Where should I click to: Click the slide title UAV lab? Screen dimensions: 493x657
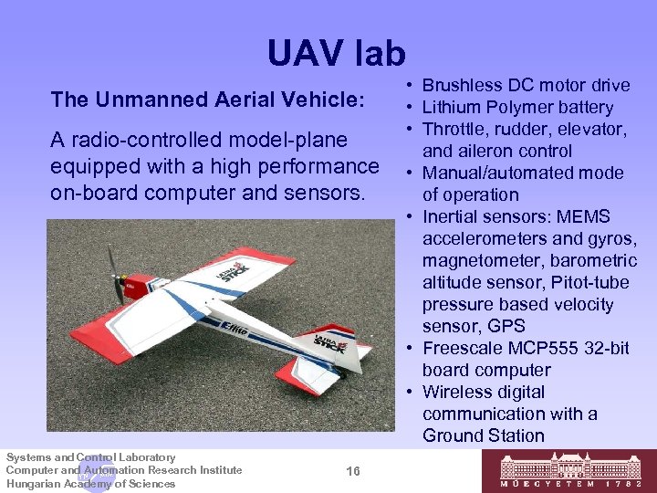[336, 54]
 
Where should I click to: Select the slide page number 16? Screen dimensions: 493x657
[353, 470]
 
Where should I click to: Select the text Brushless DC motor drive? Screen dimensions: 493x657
[526, 86]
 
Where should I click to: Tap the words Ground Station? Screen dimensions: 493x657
[483, 435]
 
